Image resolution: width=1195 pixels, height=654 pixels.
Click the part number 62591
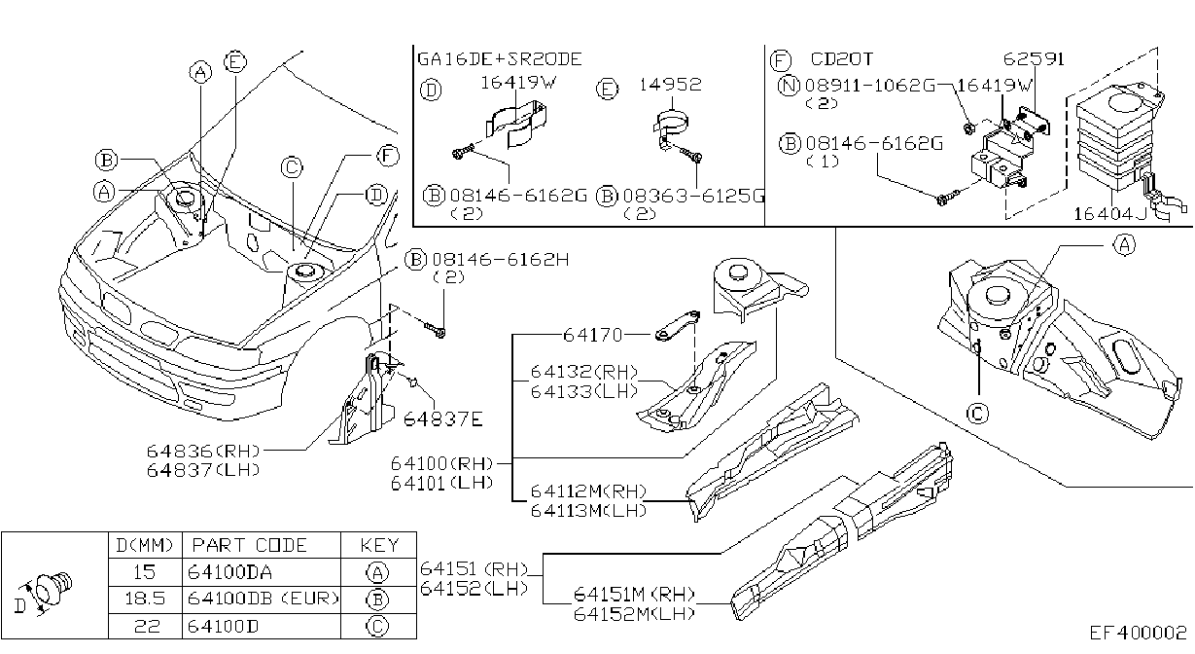tap(1034, 58)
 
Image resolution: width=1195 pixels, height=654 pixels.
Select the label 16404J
tap(1109, 214)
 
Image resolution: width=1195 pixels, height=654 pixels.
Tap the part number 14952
tap(670, 85)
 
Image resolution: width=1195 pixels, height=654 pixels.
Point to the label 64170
tap(593, 336)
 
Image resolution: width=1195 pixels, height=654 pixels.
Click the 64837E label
tap(442, 419)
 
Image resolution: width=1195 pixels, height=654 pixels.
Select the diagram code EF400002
tap(1138, 634)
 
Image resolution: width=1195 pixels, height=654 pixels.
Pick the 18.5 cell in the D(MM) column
tap(145, 599)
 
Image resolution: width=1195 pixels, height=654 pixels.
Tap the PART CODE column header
tap(249, 546)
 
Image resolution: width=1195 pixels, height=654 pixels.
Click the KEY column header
tap(379, 546)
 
